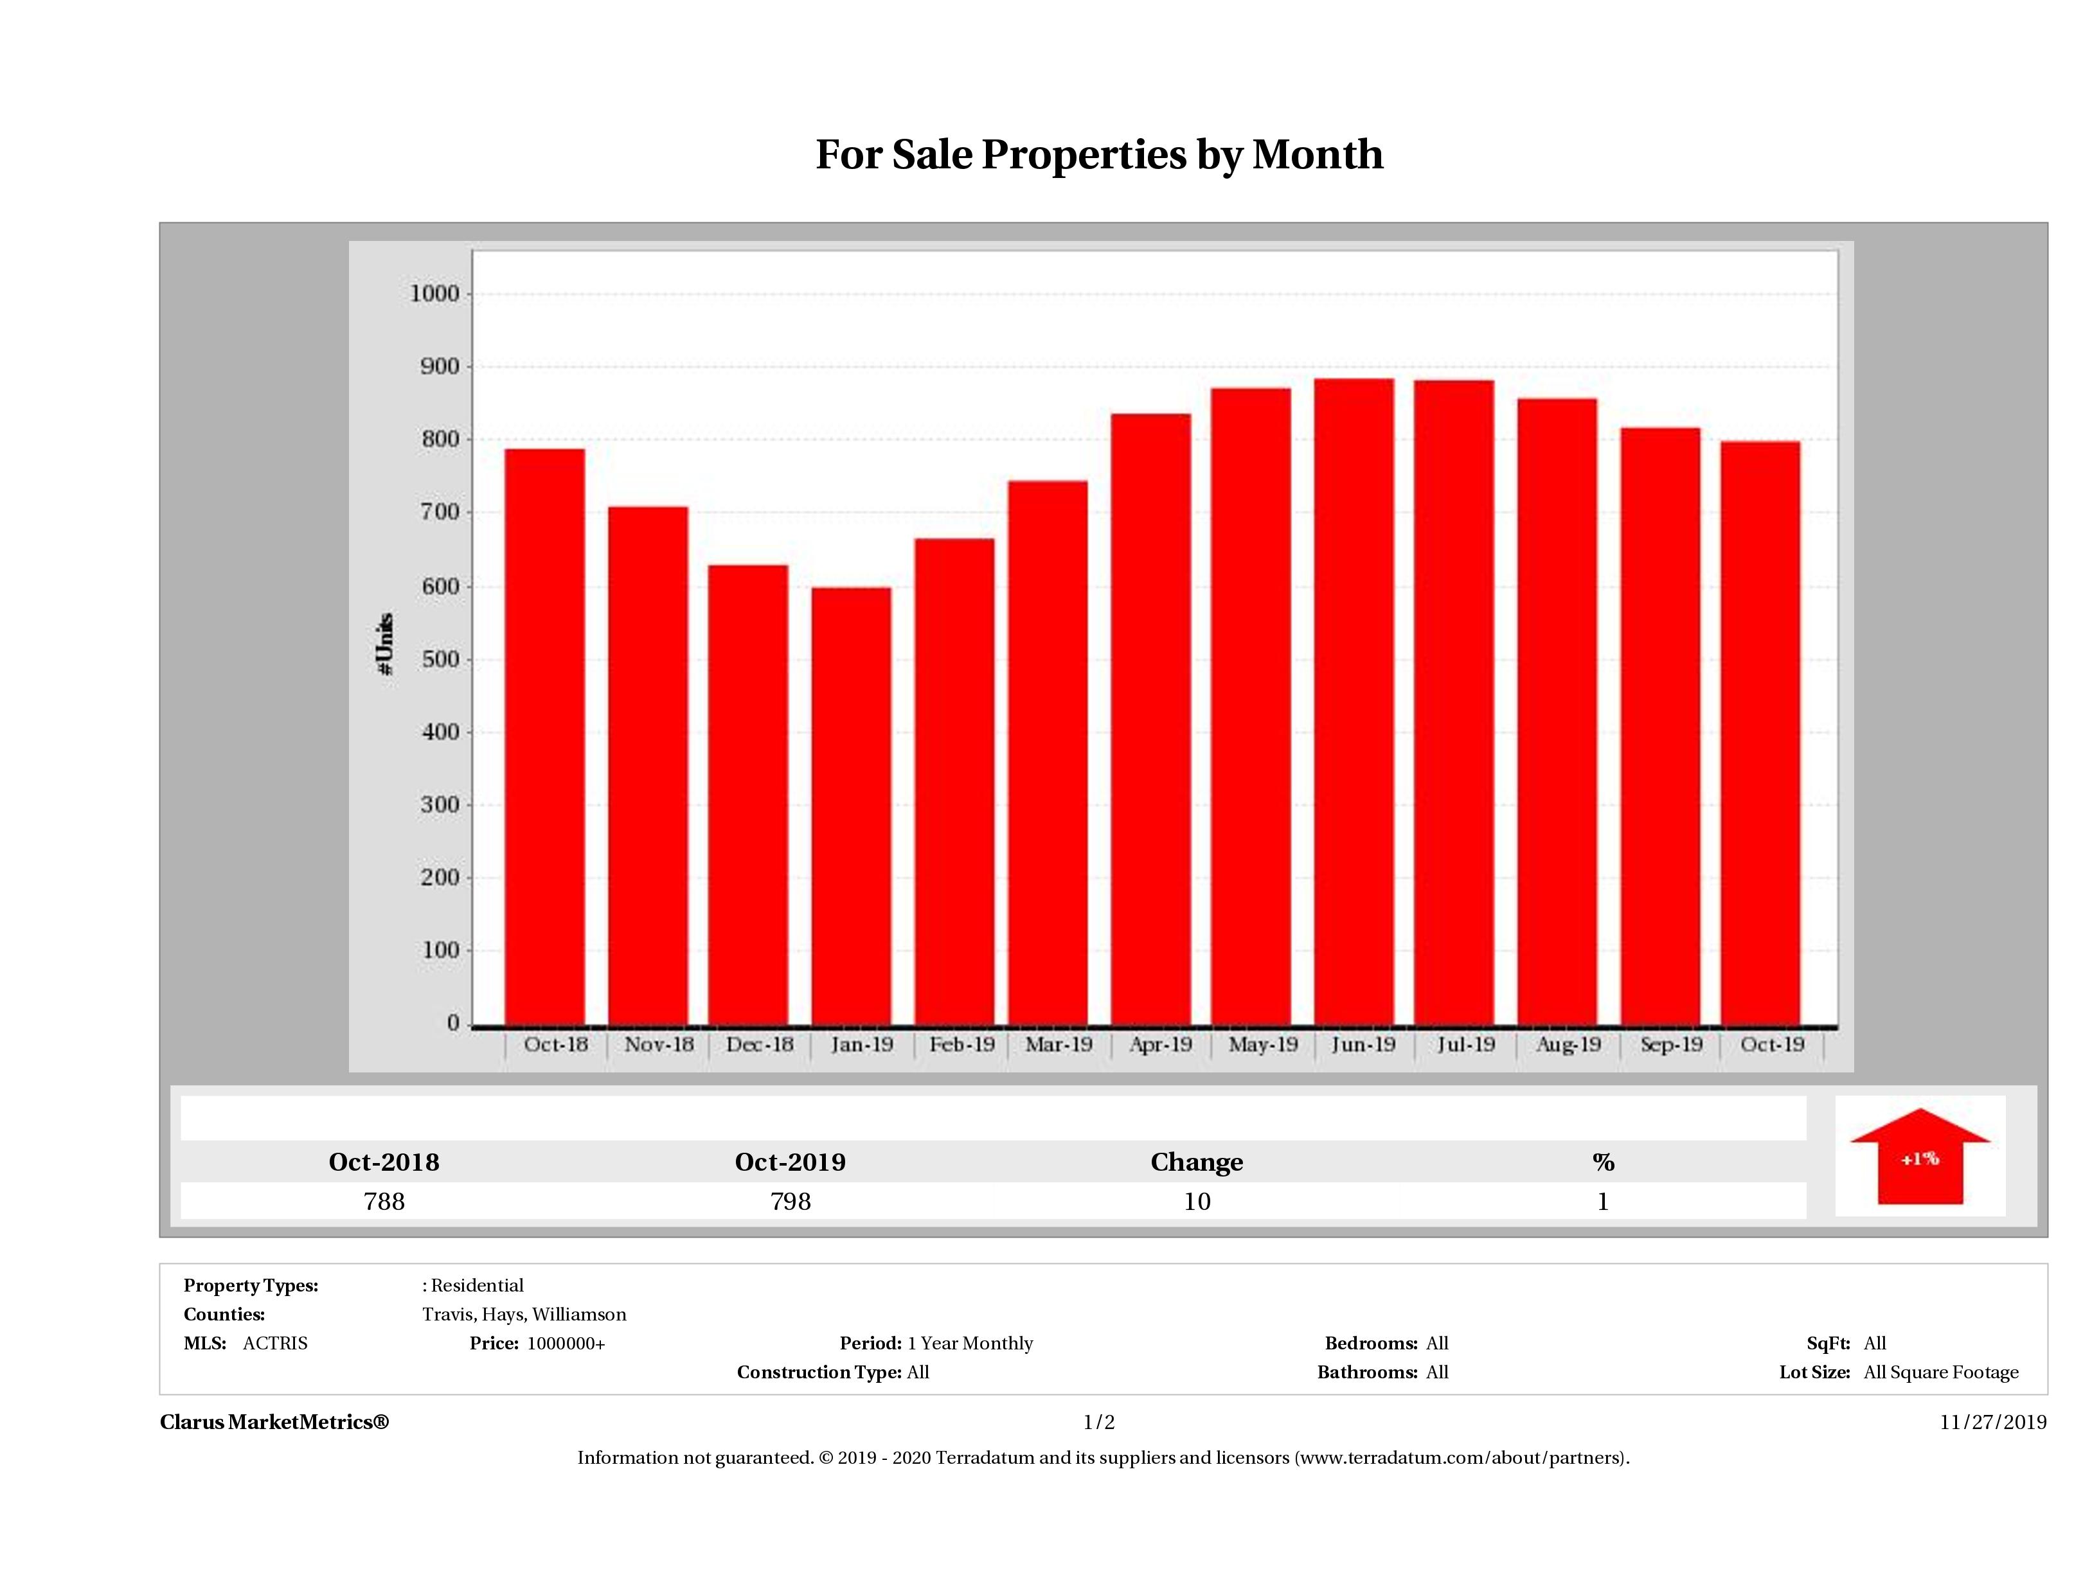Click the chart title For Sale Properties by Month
(1099, 155)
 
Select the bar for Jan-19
(852, 806)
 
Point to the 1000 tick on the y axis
(435, 294)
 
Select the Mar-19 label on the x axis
(1059, 1044)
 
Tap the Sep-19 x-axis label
(1671, 1044)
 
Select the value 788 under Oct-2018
(384, 1202)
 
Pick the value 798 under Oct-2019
(791, 1202)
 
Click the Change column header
(1197, 1162)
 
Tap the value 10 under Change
(1197, 1202)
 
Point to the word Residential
(478, 1285)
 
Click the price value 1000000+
(566, 1344)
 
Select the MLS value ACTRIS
(274, 1344)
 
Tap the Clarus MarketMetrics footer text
(274, 1422)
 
